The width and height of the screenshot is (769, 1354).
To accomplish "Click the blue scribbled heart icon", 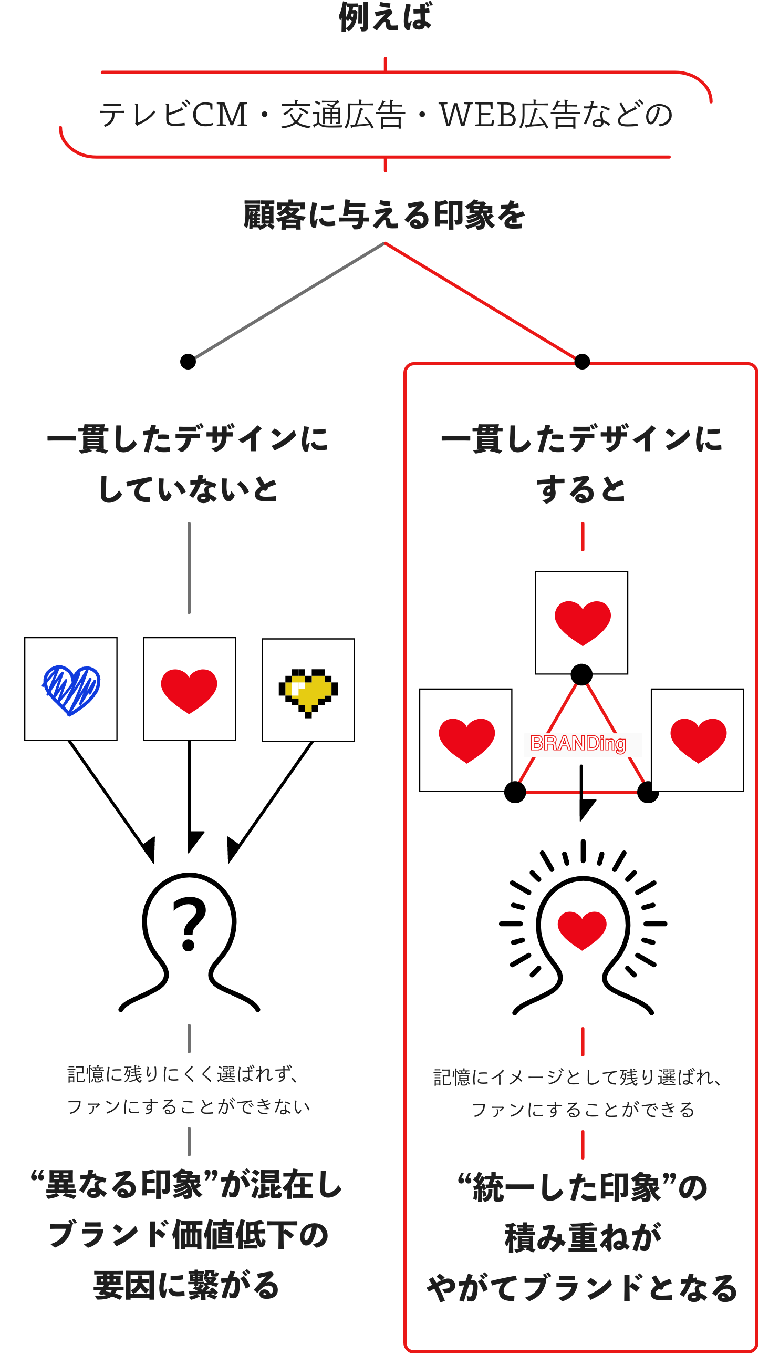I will pyautogui.click(x=71, y=690).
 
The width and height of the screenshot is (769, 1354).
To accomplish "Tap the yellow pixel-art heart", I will pyautogui.click(x=308, y=691).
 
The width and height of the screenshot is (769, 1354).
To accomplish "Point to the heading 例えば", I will pyautogui.click(x=385, y=17).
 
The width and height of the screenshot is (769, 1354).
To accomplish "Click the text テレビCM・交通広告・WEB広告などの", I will pyautogui.click(x=386, y=115).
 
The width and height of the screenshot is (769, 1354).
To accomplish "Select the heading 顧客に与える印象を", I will pyautogui.click(x=384, y=215).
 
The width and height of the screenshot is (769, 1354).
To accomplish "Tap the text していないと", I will pyautogui.click(x=189, y=489).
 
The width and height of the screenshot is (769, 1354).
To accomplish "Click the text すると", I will pyautogui.click(x=581, y=489).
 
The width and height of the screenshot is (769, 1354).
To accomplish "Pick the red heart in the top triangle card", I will pyautogui.click(x=583, y=622).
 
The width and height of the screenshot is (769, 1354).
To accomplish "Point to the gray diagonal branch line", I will pyautogui.click(x=289, y=300).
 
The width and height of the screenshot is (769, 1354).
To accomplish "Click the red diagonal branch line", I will pyautogui.click(x=480, y=300).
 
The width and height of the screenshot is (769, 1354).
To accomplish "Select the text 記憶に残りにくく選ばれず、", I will pyautogui.click(x=183, y=1074).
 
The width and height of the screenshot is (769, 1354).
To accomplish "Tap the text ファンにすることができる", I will pyautogui.click(x=583, y=1109).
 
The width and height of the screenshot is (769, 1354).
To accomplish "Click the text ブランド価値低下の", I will pyautogui.click(x=189, y=1235).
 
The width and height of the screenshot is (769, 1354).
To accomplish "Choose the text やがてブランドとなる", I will pyautogui.click(x=582, y=1288).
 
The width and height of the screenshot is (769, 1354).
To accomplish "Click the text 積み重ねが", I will pyautogui.click(x=583, y=1238).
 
